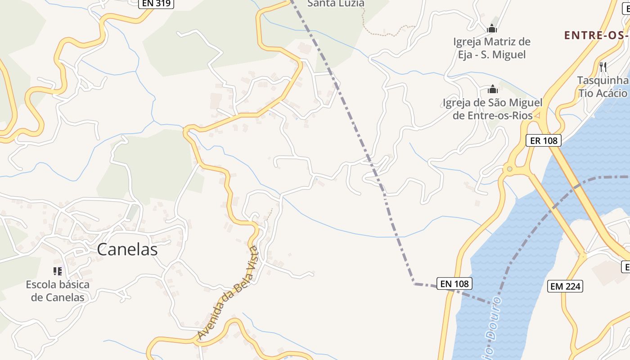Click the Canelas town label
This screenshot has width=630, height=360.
click(127, 249)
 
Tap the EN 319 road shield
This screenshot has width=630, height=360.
click(156, 4)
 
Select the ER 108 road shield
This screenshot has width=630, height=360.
click(544, 140)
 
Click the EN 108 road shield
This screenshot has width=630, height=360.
click(454, 283)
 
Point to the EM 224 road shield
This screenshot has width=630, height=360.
click(565, 286)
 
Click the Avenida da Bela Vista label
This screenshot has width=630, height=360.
click(228, 293)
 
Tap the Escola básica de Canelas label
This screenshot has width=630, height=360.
click(58, 291)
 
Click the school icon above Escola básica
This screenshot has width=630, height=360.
click(58, 271)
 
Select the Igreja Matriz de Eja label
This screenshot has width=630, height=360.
click(491, 48)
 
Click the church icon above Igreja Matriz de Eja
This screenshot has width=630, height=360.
click(492, 28)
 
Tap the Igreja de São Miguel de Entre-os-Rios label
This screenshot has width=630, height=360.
click(493, 109)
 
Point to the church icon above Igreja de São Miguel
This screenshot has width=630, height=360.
click(493, 89)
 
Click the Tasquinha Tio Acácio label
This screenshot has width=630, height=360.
click(603, 87)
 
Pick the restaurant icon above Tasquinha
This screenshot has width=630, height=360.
click(603, 67)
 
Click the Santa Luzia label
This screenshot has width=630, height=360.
click(335, 4)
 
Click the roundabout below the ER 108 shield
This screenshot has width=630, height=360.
click(509, 170)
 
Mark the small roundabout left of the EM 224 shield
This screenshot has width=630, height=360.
click(583, 257)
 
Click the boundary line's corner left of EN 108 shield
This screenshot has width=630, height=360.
click(414, 283)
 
